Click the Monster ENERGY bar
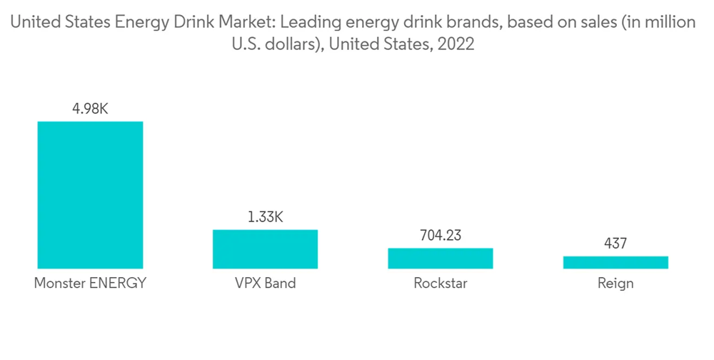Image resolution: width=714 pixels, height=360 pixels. (90, 194)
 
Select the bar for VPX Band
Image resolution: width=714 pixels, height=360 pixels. (265, 249)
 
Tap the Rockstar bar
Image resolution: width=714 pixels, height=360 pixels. (441, 258)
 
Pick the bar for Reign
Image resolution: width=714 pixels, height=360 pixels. (615, 262)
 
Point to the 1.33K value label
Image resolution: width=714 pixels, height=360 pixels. (265, 217)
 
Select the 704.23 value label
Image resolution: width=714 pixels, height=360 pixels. (441, 236)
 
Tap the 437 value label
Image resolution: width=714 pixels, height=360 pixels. (615, 244)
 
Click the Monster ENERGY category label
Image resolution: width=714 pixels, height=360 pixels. (90, 283)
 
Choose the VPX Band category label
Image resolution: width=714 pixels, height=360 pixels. (265, 283)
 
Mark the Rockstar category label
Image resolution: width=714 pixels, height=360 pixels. (441, 283)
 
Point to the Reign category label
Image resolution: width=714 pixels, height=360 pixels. (615, 283)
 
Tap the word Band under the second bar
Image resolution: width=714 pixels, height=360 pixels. (280, 283)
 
